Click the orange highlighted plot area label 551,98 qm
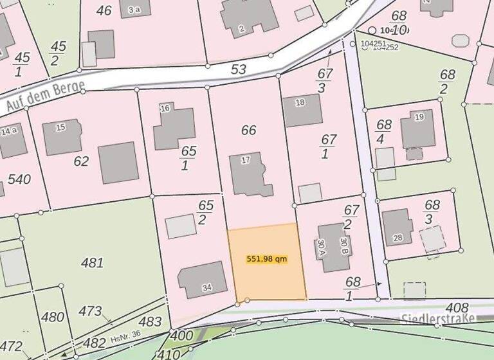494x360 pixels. click(266, 259)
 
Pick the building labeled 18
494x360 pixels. click(302, 110)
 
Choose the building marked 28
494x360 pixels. click(398, 227)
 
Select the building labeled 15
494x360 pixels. click(62, 136)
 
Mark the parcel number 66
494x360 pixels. click(248, 130)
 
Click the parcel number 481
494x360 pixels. click(93, 262)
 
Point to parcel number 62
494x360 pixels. click(81, 161)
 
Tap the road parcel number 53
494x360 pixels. click(239, 69)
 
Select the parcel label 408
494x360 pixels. click(457, 309)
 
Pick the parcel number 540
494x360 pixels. click(19, 179)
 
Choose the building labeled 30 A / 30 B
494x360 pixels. click(333, 247)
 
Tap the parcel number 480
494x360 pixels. click(52, 317)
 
